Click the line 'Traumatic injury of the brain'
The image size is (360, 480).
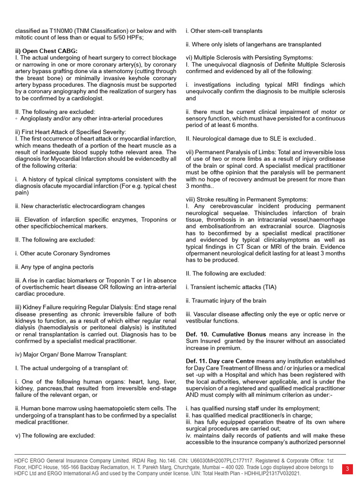(226, 300)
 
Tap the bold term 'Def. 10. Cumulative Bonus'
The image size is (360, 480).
(226, 335)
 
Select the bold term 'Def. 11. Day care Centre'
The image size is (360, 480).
(220, 361)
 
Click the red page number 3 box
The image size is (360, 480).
(347, 469)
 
